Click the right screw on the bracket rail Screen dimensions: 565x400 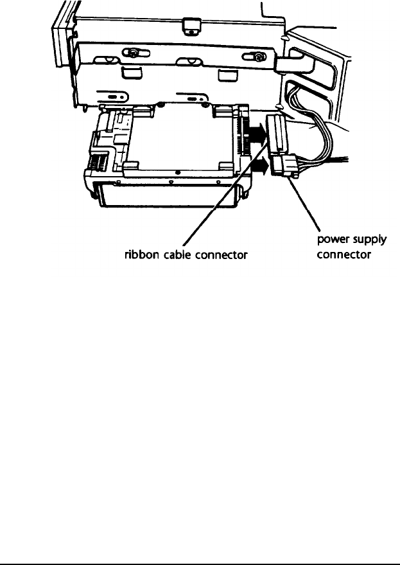point(257,57)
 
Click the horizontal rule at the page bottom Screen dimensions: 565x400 point(200,548)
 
